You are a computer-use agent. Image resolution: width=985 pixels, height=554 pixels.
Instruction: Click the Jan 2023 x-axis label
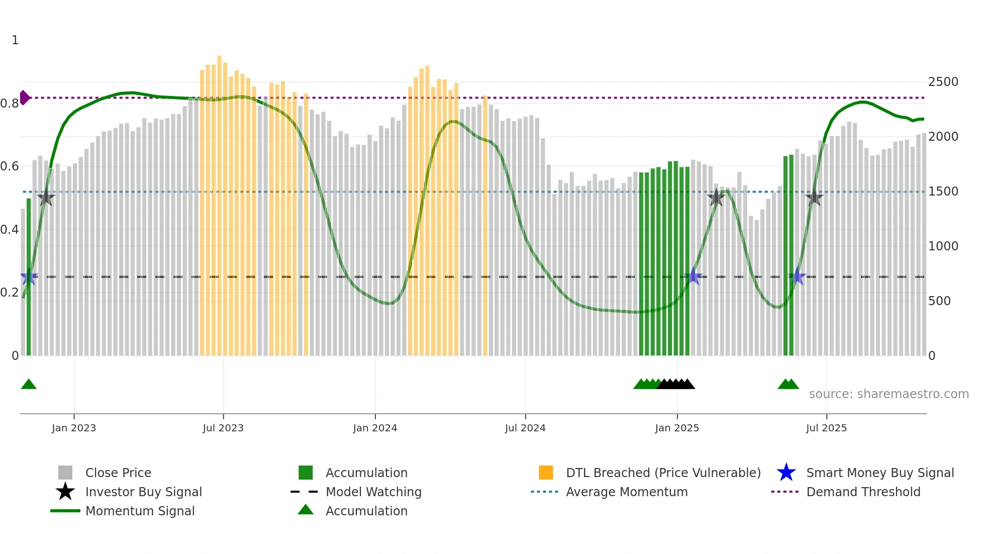(x=73, y=428)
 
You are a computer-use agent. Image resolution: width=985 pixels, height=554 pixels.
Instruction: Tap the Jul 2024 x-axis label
(x=525, y=428)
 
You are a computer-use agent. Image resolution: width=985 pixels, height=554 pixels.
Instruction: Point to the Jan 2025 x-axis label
(x=677, y=428)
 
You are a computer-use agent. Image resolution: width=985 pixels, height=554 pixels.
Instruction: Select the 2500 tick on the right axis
(x=943, y=82)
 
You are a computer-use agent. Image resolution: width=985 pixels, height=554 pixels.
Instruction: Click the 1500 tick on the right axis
(x=943, y=192)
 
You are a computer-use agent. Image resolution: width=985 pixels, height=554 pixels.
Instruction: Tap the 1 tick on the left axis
(x=15, y=40)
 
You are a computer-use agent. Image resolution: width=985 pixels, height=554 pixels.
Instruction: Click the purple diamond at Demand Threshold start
(x=24, y=98)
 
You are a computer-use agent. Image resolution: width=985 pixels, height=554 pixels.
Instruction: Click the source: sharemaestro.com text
(x=889, y=394)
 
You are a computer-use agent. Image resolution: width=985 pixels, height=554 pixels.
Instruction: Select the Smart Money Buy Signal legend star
(x=786, y=473)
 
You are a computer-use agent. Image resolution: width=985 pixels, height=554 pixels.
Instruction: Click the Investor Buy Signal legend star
(x=65, y=492)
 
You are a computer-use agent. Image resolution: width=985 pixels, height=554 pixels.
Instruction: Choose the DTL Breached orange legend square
(x=546, y=473)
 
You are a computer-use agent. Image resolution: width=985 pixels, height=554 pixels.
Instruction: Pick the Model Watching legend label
(x=373, y=492)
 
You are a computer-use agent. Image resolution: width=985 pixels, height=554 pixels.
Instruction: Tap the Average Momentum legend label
(x=627, y=492)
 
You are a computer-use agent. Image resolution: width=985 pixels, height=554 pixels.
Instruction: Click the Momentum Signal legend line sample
(x=65, y=511)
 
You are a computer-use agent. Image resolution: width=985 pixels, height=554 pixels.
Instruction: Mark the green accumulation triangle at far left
(x=29, y=385)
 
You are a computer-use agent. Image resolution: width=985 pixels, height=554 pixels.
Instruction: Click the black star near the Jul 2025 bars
(x=814, y=198)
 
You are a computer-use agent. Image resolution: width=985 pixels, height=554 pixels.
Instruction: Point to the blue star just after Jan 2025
(x=694, y=276)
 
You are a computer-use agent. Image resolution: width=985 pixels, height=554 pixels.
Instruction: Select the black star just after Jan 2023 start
(x=46, y=198)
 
